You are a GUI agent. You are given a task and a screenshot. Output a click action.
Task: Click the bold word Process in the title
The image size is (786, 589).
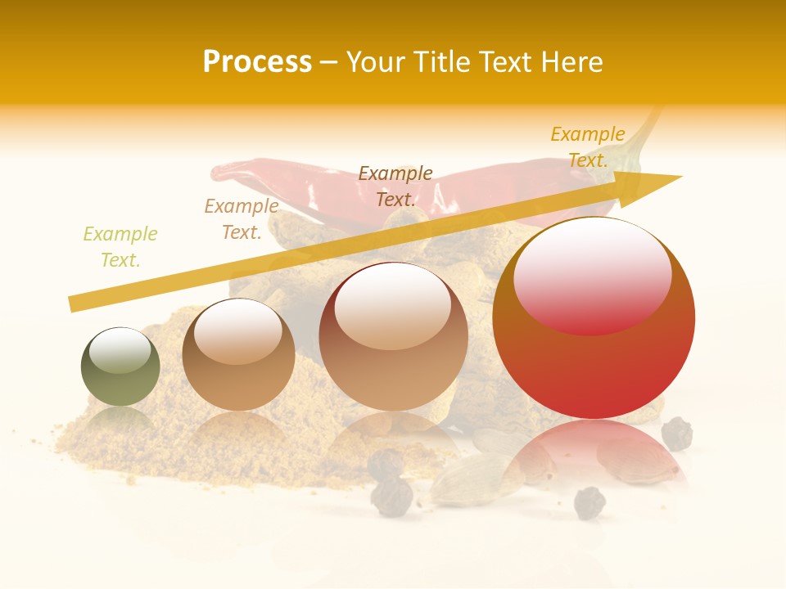pos(257,61)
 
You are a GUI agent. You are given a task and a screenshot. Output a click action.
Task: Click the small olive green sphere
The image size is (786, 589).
pos(120,367)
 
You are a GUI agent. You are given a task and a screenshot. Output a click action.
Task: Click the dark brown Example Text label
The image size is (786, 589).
pos(395,187)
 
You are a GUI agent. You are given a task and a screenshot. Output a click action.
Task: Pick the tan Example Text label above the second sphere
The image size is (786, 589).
pos(242,219)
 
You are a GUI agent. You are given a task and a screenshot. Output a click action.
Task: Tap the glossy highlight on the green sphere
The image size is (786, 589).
pos(120,350)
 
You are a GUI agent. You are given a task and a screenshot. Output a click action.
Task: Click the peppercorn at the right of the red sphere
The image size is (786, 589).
pos(676,433)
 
